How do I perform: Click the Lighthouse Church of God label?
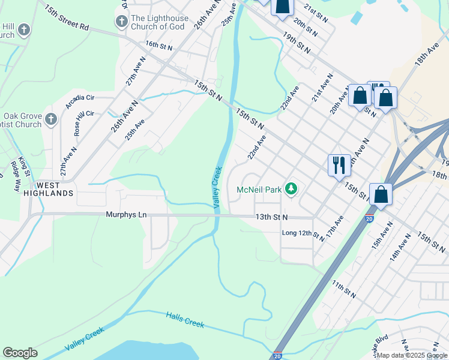coord(159,23)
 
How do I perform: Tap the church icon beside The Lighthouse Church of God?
coord(122,23)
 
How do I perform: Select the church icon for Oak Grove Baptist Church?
coord(50,119)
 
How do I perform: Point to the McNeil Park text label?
coord(259,190)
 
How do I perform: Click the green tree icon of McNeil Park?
coord(291,190)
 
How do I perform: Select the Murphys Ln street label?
coord(126,214)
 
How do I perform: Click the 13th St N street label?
coord(272,217)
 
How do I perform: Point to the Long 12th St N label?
coord(303,233)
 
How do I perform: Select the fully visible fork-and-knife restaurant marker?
coord(339,164)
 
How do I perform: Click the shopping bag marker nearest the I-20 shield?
coord(381,194)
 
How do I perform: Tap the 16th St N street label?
coord(158,46)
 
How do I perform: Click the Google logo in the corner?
coord(20,353)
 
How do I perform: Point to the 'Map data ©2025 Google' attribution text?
coord(412,355)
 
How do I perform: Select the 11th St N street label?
coord(345,292)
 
